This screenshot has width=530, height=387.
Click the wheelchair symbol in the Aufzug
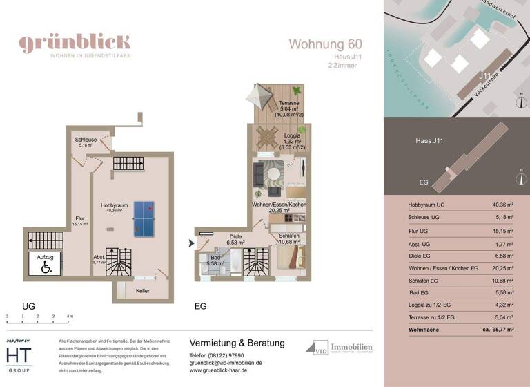46,265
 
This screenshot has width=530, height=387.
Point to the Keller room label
142,291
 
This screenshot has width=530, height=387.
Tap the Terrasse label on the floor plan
289,102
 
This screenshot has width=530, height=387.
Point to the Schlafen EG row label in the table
428,281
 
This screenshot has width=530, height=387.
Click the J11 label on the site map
487,75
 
